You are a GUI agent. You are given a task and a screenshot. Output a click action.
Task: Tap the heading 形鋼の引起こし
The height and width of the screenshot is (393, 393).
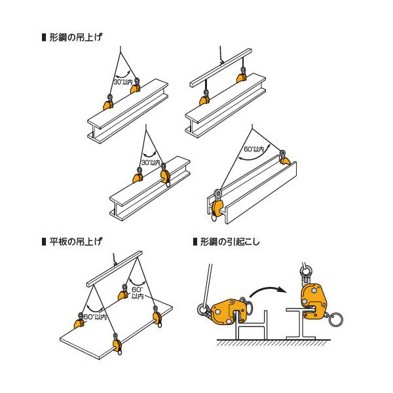[230, 242]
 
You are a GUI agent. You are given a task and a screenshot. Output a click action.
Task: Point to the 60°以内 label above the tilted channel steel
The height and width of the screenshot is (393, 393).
[253, 149]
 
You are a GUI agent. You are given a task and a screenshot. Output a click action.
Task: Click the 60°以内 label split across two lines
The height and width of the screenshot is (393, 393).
[137, 292]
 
